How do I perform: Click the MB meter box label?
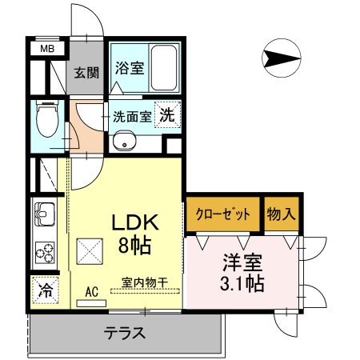click(47, 49)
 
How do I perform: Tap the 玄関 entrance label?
click(86, 73)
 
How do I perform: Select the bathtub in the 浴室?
click(163, 68)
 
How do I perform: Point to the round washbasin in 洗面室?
click(124, 141)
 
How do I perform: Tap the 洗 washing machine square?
click(167, 115)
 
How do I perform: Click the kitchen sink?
click(45, 214)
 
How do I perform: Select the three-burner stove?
click(45, 253)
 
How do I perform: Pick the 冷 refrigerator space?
click(46, 290)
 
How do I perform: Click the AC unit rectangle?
click(91, 303)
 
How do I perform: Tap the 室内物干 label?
click(145, 282)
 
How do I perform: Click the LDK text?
click(135, 222)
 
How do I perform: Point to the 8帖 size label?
click(135, 246)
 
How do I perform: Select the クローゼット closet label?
click(222, 214)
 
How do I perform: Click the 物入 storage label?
click(282, 214)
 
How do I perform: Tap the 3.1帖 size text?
click(242, 283)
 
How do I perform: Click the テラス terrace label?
click(125, 333)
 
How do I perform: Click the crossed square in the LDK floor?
click(90, 251)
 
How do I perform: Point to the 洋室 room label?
click(242, 262)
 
